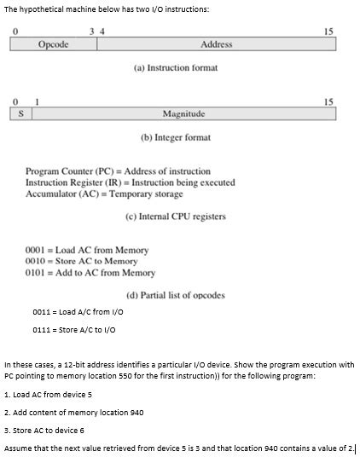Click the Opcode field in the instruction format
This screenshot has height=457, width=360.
point(54,44)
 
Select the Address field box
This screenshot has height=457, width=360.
point(216,44)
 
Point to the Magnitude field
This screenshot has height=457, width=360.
point(183,113)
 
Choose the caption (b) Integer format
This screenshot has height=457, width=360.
point(176,137)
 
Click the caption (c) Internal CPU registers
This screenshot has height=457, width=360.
point(176,217)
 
